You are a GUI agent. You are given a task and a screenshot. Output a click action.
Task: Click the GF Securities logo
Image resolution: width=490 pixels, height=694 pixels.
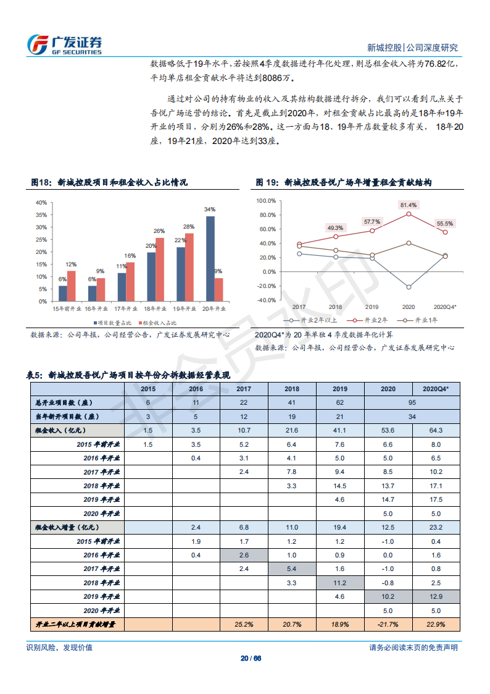64,44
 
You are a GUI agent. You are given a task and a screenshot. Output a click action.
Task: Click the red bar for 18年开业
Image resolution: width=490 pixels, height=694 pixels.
160,269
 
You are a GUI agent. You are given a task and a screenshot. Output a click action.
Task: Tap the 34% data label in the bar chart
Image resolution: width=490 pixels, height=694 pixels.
210,209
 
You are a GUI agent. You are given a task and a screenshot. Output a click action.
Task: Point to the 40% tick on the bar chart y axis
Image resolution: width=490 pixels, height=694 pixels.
41,203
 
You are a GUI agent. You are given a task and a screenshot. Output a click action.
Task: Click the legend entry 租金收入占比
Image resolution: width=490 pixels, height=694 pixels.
159,323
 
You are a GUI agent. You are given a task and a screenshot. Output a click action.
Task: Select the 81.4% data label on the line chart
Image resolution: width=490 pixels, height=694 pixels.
408,205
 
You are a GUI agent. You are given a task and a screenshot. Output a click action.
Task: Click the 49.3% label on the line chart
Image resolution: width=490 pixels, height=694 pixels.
335,227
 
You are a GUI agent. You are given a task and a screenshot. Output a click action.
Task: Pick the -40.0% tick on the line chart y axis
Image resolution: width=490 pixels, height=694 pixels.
267,300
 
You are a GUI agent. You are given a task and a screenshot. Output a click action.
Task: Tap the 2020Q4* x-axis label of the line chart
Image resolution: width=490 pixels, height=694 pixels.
445,307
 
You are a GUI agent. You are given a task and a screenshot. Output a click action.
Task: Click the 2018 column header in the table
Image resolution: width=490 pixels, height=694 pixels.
292,389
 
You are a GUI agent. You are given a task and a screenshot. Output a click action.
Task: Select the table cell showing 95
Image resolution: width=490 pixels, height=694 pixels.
412,402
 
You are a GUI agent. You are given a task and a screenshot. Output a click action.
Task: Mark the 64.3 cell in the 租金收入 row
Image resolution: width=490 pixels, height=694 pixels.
436,430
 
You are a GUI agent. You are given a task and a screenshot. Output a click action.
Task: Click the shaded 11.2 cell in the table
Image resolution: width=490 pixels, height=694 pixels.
340,583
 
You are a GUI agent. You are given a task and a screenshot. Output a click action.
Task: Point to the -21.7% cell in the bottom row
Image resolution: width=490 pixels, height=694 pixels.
388,625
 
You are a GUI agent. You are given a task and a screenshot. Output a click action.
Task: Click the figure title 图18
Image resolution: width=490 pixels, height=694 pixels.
109,183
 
